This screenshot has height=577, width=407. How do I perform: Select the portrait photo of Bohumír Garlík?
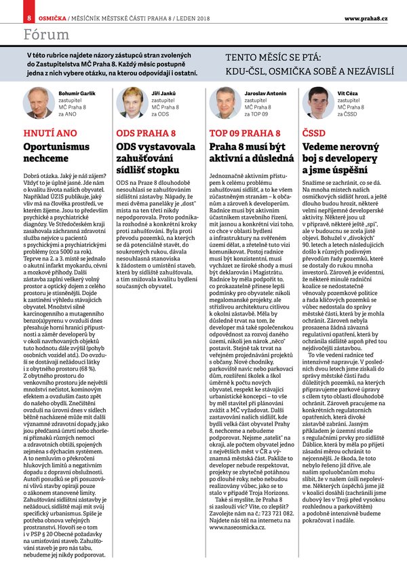point(38,103)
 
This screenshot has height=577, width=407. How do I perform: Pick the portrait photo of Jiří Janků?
point(130,103)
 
